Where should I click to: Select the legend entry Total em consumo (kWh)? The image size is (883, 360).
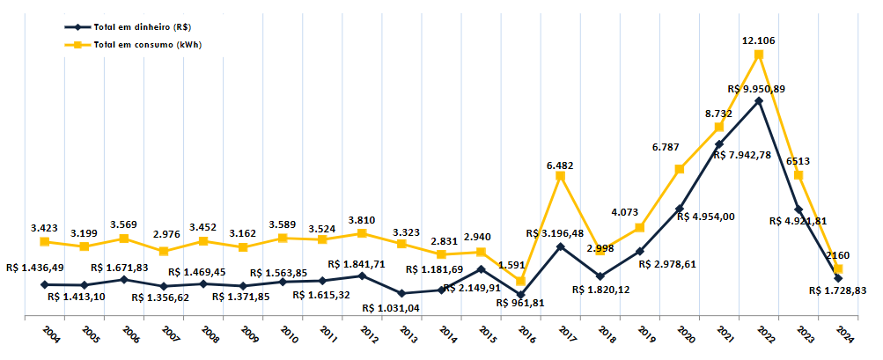tap(144, 44)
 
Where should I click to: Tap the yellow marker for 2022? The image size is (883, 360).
tap(759, 55)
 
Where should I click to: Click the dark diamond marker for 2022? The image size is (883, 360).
tap(759, 101)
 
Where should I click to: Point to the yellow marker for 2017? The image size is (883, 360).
tap(560, 176)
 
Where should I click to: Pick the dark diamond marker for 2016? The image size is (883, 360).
tap(520, 295)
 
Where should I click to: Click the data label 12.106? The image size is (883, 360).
tap(758, 40)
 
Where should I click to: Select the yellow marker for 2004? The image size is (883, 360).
tap(44, 241)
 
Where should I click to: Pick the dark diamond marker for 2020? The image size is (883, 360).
tap(680, 209)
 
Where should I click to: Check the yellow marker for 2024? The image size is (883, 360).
tap(838, 268)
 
